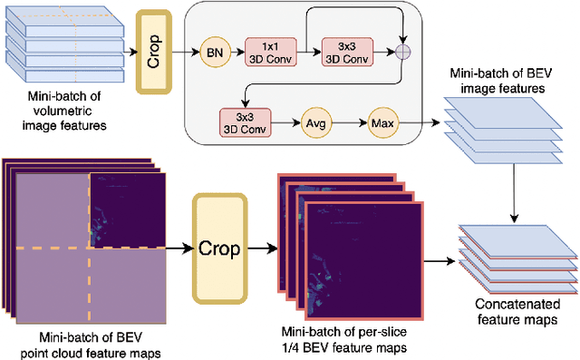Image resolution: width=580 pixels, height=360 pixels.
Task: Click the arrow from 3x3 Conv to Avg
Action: (x=284, y=120)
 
